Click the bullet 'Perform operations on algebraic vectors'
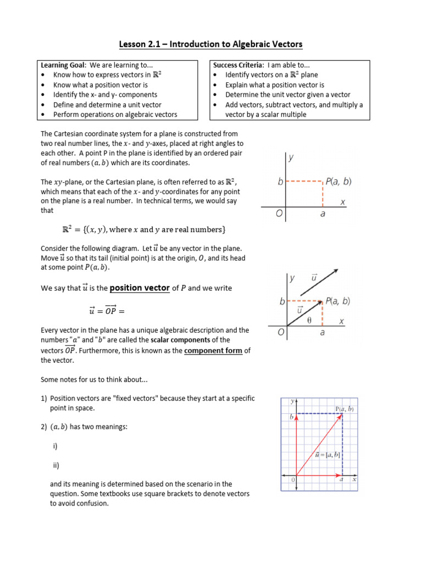115,114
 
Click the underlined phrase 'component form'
213,351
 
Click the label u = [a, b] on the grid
328,454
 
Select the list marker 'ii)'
56,465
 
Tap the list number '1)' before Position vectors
44,398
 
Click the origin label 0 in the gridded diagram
292,480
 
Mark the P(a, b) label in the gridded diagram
345,409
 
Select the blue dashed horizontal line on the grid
319,414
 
